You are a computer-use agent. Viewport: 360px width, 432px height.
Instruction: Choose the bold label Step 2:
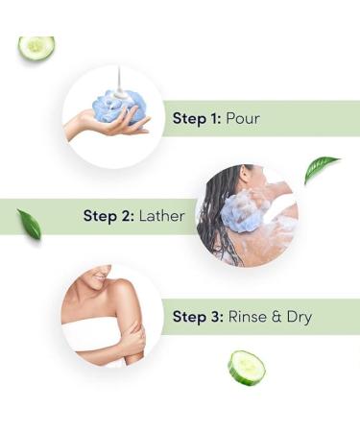(107, 217)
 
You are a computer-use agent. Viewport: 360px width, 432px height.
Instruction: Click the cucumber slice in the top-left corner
(36, 47)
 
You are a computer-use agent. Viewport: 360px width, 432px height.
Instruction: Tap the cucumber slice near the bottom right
(246, 367)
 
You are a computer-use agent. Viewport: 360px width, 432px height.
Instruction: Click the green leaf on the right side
(321, 169)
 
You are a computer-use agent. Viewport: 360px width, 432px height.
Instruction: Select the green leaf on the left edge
(29, 224)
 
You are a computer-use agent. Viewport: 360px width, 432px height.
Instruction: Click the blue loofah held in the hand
(123, 105)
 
